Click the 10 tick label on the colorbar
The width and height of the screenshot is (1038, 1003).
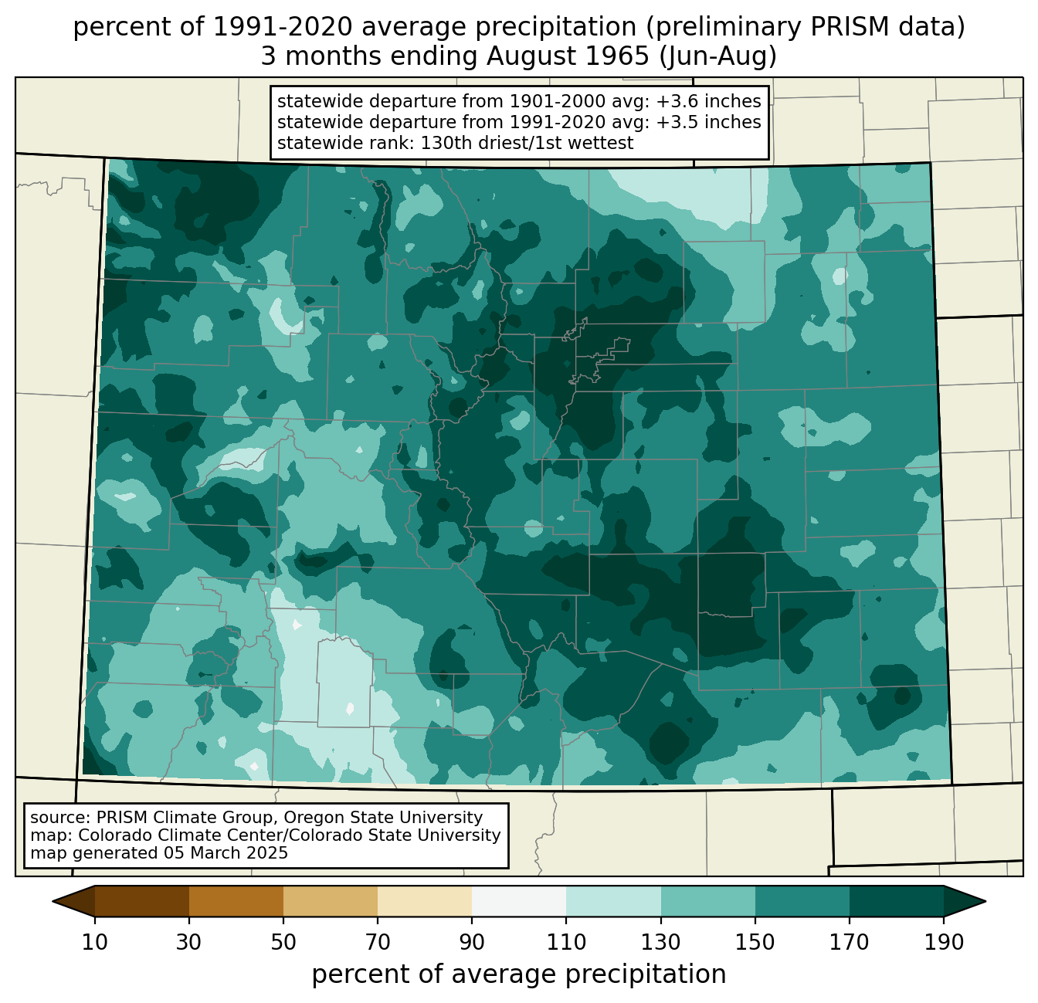coord(94,942)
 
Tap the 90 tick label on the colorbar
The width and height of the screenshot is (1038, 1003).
coord(472,942)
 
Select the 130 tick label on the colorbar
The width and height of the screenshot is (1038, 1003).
coord(660,942)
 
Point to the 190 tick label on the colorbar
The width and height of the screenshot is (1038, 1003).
coord(943,942)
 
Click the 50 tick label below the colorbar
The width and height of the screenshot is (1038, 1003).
coord(283,942)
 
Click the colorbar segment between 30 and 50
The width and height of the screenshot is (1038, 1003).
coord(236,901)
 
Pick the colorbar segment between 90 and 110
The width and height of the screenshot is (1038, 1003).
coord(519,901)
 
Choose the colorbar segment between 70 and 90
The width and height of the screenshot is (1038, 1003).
coord(425,901)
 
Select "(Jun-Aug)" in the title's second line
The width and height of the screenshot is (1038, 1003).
coord(718,56)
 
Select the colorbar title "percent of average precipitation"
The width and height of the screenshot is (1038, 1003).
coord(518,974)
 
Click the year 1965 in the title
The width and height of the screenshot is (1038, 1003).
coord(619,56)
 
